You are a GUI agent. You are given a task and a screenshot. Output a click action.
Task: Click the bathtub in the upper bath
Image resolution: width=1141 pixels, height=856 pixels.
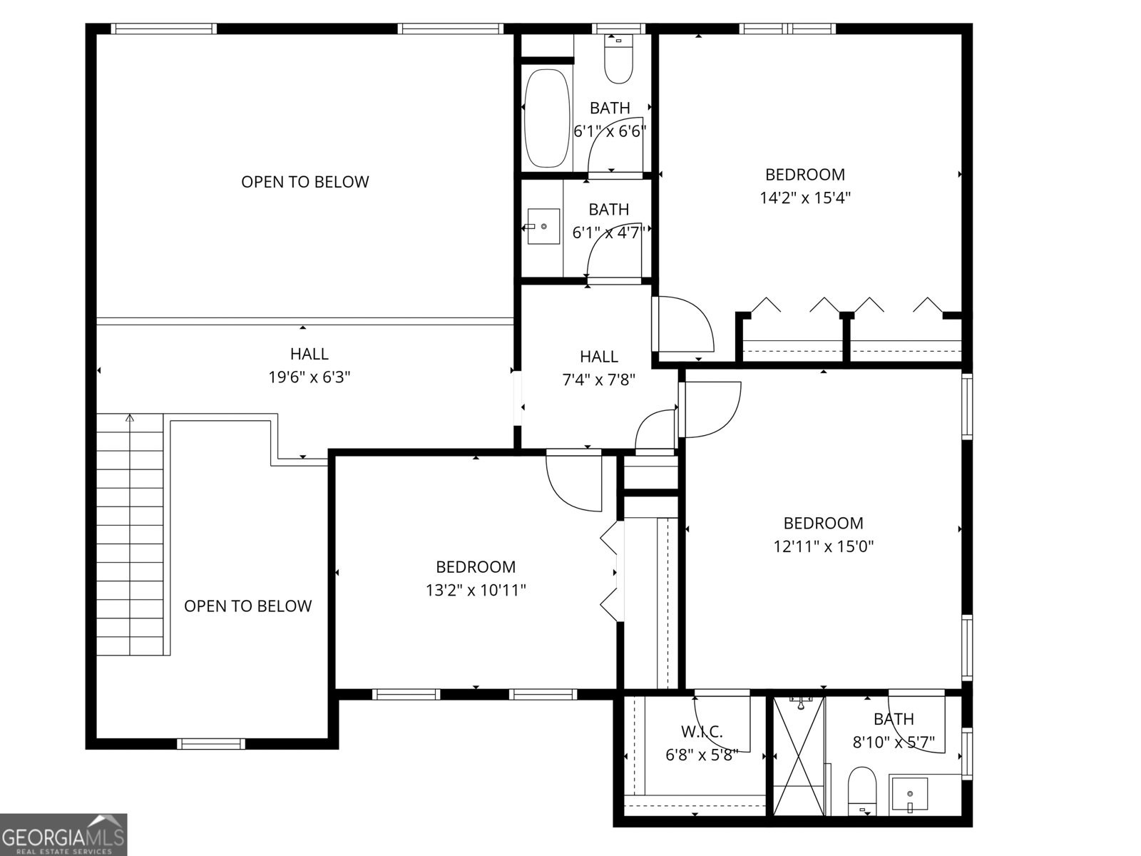coord(547,118)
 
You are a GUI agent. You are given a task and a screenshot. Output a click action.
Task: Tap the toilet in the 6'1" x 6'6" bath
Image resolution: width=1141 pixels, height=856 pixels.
coord(618,61)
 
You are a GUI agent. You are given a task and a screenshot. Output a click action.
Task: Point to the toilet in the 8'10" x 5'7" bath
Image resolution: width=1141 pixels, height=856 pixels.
coord(862,790)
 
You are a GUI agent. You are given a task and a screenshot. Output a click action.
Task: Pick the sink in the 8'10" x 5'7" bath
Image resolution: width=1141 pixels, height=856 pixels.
coord(910,795)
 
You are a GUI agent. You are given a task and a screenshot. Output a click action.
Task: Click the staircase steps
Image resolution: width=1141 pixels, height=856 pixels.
coord(130,535)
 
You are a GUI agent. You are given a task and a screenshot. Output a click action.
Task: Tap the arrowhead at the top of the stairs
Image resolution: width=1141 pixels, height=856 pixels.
coord(130,418)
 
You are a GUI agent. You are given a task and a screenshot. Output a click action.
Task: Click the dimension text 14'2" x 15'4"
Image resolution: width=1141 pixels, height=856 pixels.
coord(805,198)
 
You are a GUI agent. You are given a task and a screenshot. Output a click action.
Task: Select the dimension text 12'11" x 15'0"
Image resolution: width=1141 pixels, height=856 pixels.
coord(824,546)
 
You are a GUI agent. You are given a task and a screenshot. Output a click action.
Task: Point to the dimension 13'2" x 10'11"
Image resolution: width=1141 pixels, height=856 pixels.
coord(476,590)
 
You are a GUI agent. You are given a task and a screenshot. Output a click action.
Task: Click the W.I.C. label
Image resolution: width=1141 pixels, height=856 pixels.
coord(702,731)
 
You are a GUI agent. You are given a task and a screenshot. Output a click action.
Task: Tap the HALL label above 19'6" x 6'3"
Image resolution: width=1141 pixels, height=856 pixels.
coord(309,354)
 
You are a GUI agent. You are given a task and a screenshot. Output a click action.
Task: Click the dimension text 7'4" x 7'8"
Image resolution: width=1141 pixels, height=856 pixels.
coord(598,379)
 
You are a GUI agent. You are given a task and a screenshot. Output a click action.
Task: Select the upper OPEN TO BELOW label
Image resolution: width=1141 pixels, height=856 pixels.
coord(305,182)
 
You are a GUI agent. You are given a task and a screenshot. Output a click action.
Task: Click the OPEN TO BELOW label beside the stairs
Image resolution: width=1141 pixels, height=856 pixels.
coord(247,606)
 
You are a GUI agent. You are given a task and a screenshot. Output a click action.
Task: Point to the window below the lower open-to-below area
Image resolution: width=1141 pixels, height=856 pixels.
coord(210,744)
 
